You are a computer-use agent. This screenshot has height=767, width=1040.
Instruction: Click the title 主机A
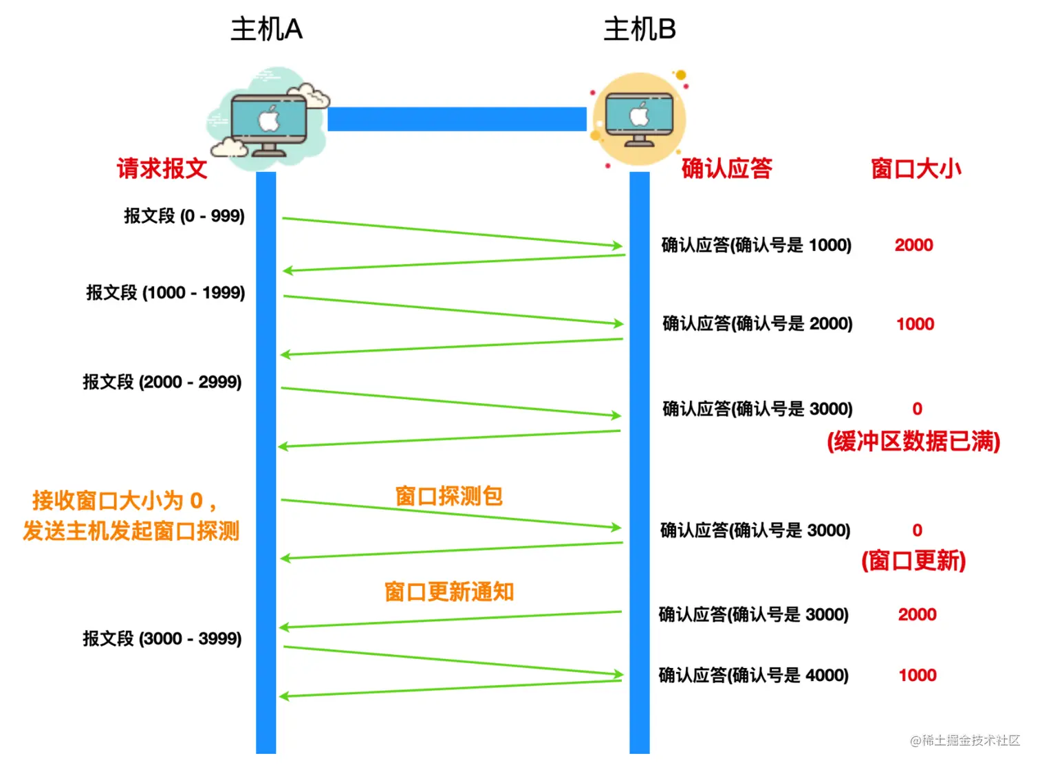pyautogui.click(x=266, y=30)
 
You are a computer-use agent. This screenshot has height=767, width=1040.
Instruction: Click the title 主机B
pyautogui.click(x=640, y=30)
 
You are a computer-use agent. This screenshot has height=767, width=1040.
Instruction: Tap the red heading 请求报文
pyautogui.click(x=162, y=169)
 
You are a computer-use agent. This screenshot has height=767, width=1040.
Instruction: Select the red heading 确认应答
pyautogui.click(x=727, y=169)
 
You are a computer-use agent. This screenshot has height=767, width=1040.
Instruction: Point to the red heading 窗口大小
pyautogui.click(x=916, y=169)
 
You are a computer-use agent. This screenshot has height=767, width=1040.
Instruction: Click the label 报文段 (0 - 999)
pyautogui.click(x=184, y=216)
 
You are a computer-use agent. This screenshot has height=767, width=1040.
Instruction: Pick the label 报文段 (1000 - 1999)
pyautogui.click(x=166, y=292)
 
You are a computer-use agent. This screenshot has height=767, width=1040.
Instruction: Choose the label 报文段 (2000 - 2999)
pyautogui.click(x=162, y=382)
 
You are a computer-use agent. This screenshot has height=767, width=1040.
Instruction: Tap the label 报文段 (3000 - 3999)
pyautogui.click(x=162, y=638)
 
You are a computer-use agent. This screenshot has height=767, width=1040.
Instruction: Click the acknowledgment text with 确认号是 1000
pyautogui.click(x=757, y=245)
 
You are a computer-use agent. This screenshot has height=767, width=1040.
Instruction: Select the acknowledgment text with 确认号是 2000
pyautogui.click(x=757, y=323)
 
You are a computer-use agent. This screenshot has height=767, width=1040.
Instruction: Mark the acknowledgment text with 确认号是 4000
pyautogui.click(x=754, y=675)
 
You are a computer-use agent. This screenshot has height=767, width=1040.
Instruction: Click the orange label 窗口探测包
pyautogui.click(x=448, y=496)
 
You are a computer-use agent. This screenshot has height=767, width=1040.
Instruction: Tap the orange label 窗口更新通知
pyautogui.click(x=449, y=592)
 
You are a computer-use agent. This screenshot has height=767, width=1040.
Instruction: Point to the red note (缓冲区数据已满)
pyautogui.click(x=913, y=441)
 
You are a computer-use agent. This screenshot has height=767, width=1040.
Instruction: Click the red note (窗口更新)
pyautogui.click(x=913, y=561)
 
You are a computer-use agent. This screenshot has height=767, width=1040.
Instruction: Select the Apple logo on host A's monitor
pyautogui.click(x=269, y=119)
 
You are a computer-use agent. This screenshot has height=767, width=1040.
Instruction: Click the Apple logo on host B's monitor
pyautogui.click(x=639, y=115)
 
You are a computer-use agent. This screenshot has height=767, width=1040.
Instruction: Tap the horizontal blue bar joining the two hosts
pyautogui.click(x=457, y=119)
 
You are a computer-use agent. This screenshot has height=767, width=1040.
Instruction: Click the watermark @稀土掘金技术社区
pyautogui.click(x=965, y=740)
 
